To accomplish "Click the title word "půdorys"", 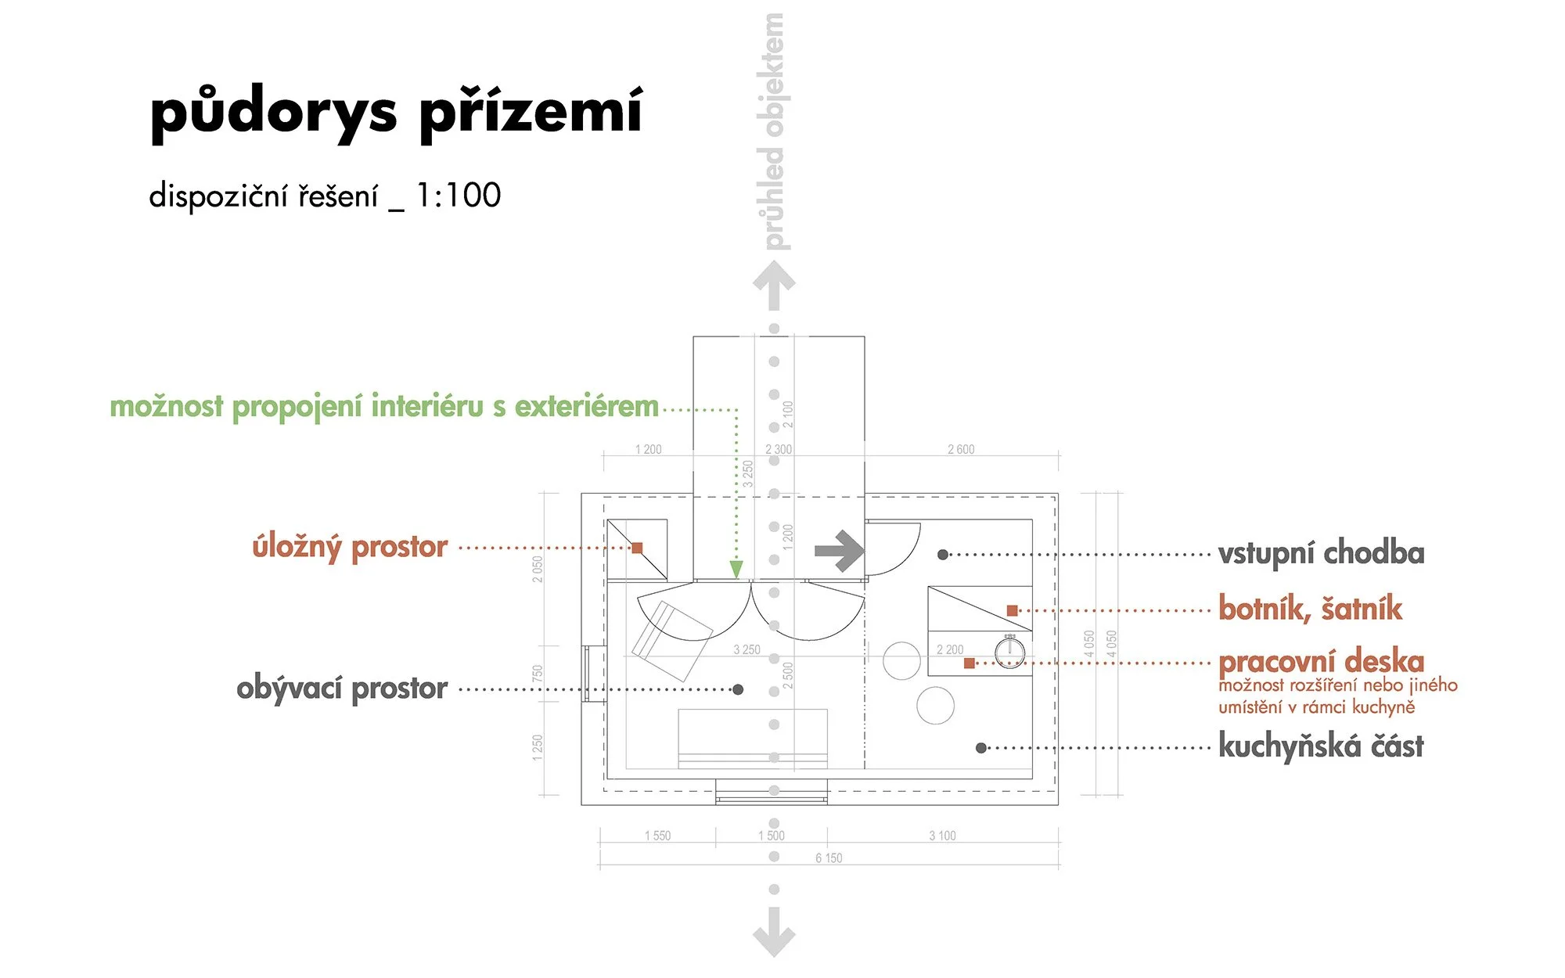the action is tap(274, 113).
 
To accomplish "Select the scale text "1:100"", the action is tap(458, 196).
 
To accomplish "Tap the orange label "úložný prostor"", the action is tap(350, 547).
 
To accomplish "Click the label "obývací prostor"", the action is tap(342, 689).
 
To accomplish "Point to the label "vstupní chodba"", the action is tap(1322, 553).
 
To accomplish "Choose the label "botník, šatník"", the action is tap(1311, 609).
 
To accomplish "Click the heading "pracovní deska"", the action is tap(1322, 662).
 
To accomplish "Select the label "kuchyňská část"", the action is tap(1322, 746).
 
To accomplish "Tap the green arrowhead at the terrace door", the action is tap(736, 569).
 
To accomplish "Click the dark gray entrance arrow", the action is tap(839, 551).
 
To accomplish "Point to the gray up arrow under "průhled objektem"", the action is tap(774, 286).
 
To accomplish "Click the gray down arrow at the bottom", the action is tap(774, 932).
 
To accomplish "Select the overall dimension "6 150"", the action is tap(829, 858).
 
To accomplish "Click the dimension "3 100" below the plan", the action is tap(942, 836).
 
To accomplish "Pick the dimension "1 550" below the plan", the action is tap(657, 836).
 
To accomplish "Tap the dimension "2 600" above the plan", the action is tap(961, 449).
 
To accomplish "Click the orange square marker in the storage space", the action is tap(637, 548).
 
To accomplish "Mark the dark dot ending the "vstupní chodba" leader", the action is tap(943, 555).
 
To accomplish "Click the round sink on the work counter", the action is tap(1009, 651).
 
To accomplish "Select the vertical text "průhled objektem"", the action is tap(773, 131).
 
